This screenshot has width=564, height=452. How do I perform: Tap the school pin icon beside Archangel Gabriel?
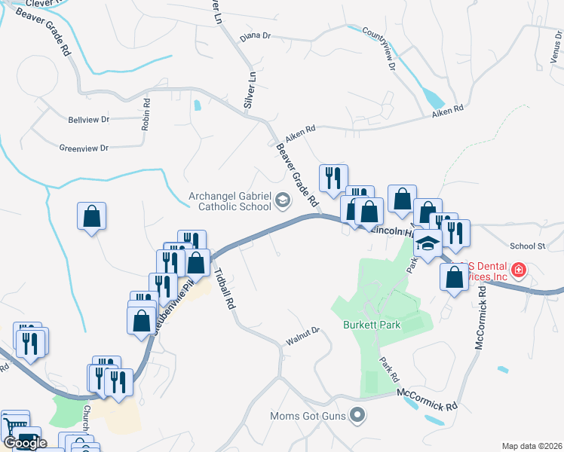click(283, 200)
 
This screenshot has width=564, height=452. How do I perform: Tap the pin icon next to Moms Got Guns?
click(359, 415)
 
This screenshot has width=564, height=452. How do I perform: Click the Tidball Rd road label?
click(225, 289)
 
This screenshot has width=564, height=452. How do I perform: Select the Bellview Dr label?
click(89, 120)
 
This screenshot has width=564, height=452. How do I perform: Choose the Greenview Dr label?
click(84, 148)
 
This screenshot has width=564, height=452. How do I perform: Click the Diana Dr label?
click(255, 36)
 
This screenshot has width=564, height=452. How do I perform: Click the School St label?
click(527, 246)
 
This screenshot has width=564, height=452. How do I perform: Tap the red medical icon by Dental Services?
click(519, 270)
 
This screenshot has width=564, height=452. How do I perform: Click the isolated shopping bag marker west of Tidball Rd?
click(91, 216)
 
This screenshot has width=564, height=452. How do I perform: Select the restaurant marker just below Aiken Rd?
click(333, 179)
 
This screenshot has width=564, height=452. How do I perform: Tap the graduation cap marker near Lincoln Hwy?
click(428, 244)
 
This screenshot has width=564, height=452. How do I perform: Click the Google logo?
click(25, 443)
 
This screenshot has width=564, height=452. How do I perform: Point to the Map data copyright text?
click(532, 445)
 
